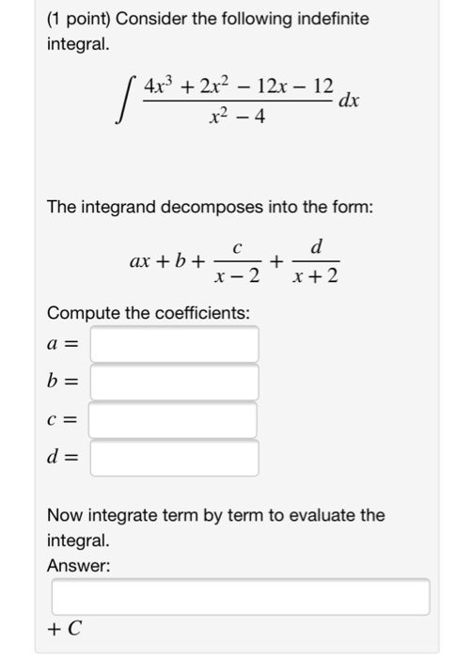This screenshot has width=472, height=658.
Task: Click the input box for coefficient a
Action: click(174, 344)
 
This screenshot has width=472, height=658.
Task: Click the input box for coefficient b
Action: click(174, 383)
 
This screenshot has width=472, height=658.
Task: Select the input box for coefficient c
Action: click(174, 420)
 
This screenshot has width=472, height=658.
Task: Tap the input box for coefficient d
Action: click(174, 459)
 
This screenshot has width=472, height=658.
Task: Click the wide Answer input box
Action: click(241, 597)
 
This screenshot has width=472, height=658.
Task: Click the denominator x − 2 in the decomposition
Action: click(238, 277)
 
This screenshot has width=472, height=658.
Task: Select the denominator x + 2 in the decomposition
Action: click(317, 277)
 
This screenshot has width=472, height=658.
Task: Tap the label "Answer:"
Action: click(79, 566)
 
